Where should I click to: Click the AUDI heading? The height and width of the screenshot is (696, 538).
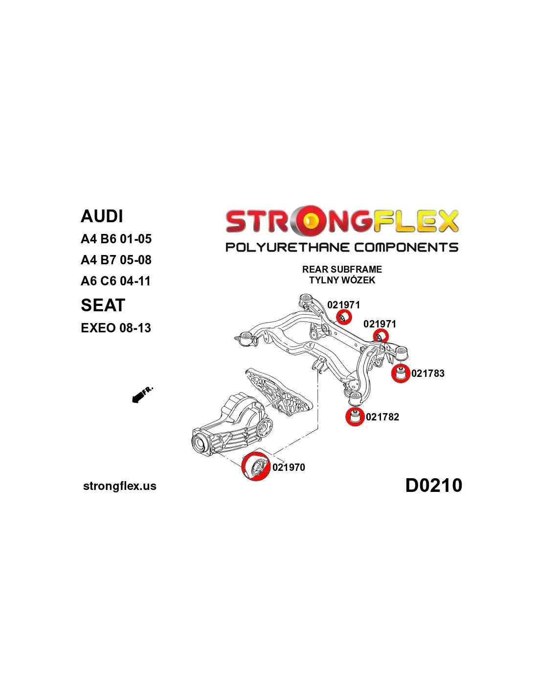pyautogui.click(x=102, y=216)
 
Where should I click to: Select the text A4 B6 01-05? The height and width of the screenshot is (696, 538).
pyautogui.click(x=116, y=239)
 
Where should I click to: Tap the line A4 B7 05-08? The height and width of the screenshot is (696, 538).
pyautogui.click(x=116, y=260)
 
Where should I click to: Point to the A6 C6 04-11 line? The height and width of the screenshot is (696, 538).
pyautogui.click(x=115, y=281)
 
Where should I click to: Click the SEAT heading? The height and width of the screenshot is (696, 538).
pyautogui.click(x=103, y=305)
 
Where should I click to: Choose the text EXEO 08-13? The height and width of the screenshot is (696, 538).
pyautogui.click(x=116, y=328)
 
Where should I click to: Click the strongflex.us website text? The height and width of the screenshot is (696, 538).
pyautogui.click(x=120, y=486)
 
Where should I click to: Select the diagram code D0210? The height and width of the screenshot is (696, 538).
pyautogui.click(x=434, y=485)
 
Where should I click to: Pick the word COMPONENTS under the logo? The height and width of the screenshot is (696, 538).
pyautogui.click(x=406, y=247)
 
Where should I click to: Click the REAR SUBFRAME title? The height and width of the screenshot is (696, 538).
pyautogui.click(x=342, y=269)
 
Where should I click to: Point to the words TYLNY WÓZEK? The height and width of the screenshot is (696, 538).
pyautogui.click(x=342, y=280)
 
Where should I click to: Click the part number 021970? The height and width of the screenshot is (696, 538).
pyautogui.click(x=289, y=467)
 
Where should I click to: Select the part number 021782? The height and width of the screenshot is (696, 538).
pyautogui.click(x=382, y=417)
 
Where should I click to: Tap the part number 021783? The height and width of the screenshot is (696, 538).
pyautogui.click(x=428, y=373)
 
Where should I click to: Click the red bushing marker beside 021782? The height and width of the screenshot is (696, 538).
pyautogui.click(x=355, y=417)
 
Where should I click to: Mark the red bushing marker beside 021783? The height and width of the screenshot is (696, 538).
pyautogui.click(x=401, y=373)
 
